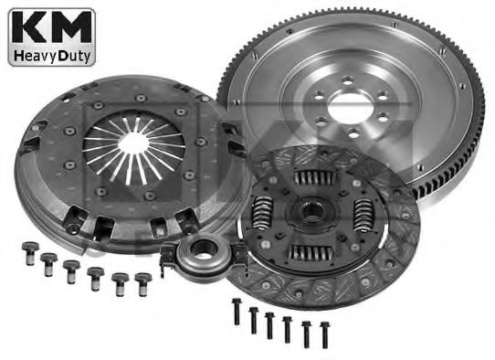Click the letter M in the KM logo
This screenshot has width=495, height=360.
pos(69,27)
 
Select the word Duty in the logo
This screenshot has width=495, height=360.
pos(75,56)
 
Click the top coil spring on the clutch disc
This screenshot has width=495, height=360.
pos(314,178)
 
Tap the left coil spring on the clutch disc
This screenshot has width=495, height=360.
pos(262,212)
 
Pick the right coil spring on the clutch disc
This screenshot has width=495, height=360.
pos(363,215)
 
